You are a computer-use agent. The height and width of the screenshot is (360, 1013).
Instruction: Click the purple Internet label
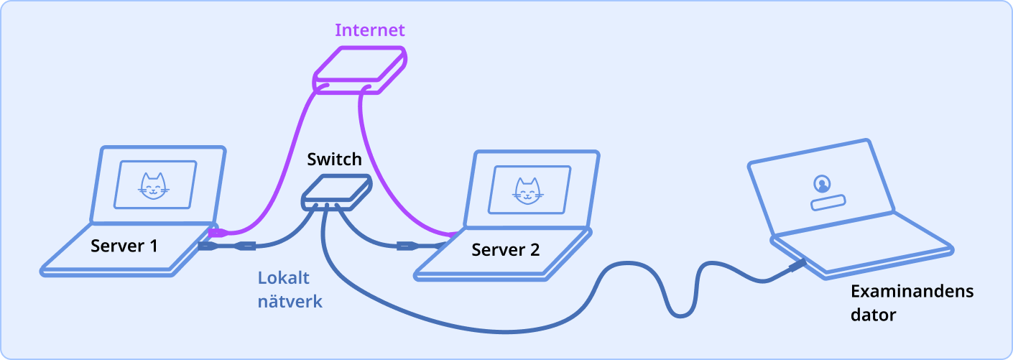coord(370,30)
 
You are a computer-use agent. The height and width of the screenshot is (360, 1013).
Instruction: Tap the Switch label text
coord(334,158)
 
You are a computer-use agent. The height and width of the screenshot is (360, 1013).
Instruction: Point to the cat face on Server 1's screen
coord(153,186)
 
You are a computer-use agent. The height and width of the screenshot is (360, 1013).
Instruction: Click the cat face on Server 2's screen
coord(527,190)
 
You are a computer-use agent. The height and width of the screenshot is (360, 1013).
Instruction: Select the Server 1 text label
coord(124,246)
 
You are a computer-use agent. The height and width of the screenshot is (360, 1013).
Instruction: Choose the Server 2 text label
coord(505,250)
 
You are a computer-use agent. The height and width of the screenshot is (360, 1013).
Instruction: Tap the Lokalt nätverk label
coord(290,290)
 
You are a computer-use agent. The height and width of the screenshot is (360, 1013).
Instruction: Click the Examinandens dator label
coord(912,303)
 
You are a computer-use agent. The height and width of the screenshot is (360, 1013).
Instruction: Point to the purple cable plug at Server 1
coord(218,233)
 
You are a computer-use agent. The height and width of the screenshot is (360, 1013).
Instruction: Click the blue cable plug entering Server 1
coord(208,246)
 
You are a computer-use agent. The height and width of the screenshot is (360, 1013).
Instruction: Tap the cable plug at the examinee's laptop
coord(797,267)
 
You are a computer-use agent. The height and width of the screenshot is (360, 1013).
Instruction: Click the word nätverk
coord(290,302)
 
